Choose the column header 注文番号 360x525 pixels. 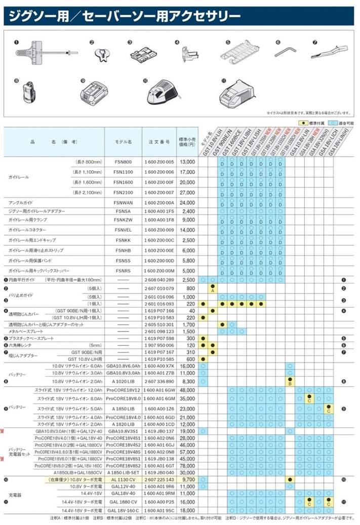[x=159, y=142]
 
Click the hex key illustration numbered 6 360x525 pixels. [x=284, y=51]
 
